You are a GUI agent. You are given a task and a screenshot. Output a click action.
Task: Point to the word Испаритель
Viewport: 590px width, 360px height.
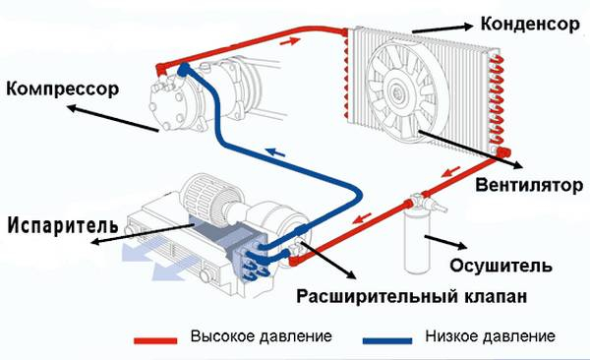[63, 221]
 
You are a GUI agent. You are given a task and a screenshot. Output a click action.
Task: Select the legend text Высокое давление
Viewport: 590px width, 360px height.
[265, 335]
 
